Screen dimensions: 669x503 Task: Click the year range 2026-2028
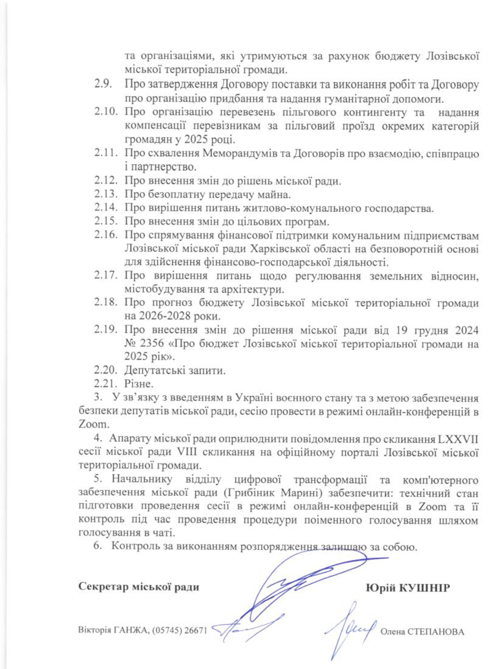pos(171,316)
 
